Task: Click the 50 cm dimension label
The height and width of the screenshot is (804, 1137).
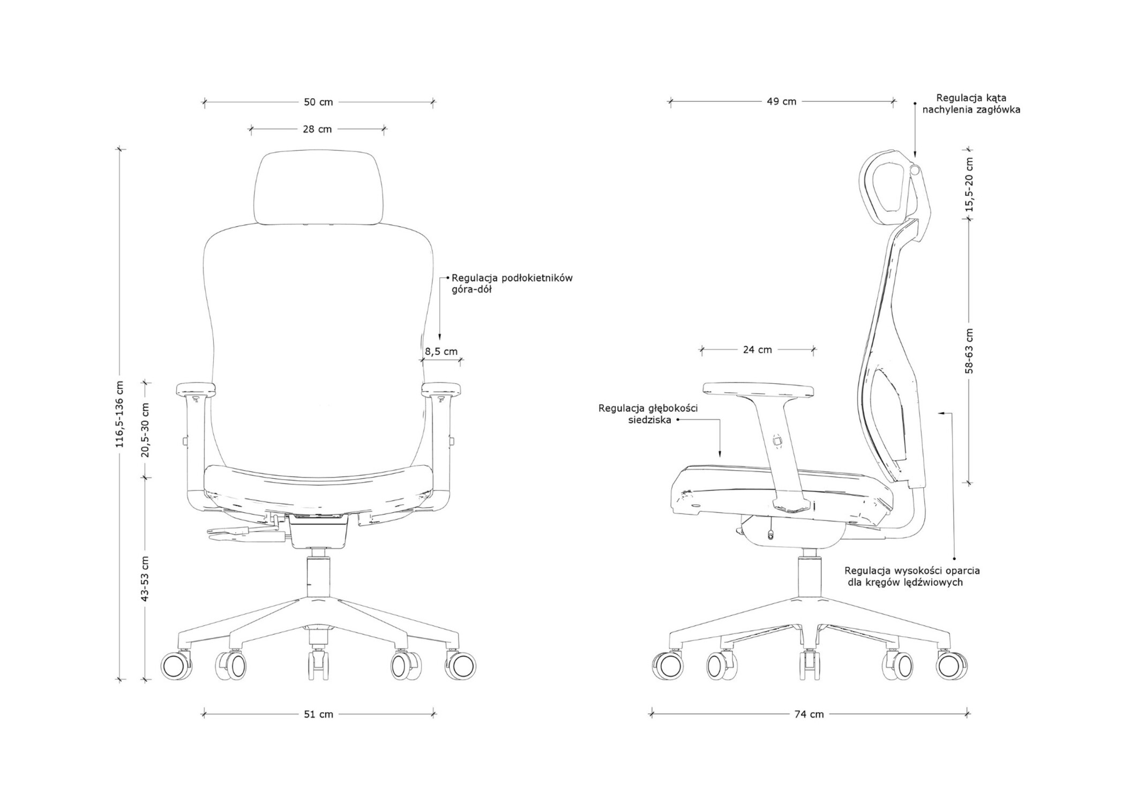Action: (x=318, y=102)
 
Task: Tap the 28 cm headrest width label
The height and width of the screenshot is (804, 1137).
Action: (x=317, y=129)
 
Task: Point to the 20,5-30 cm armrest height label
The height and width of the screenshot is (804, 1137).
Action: (x=145, y=429)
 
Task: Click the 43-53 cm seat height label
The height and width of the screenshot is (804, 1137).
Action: (x=145, y=578)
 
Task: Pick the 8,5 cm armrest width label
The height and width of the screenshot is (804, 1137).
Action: (x=441, y=352)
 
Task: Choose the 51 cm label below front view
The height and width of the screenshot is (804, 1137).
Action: (x=318, y=714)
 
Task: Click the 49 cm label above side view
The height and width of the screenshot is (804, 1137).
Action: (x=781, y=101)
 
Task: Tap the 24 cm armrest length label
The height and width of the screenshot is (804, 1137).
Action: (x=757, y=350)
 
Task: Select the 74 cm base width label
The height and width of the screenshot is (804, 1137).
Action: (x=809, y=714)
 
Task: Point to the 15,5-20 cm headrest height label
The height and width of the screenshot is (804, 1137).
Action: (x=969, y=185)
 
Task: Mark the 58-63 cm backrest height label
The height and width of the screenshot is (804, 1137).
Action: (x=969, y=351)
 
